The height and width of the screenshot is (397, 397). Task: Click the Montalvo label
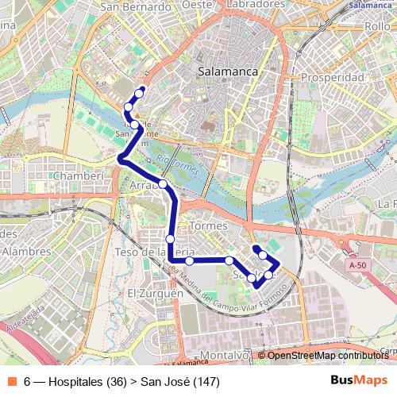coord(223,355)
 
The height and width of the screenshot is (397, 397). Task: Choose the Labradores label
coord(255,4)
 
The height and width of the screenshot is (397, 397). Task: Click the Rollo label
coord(377,26)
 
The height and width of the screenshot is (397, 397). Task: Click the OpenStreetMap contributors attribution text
coord(326,355)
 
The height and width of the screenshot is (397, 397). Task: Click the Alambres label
coord(25,251)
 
